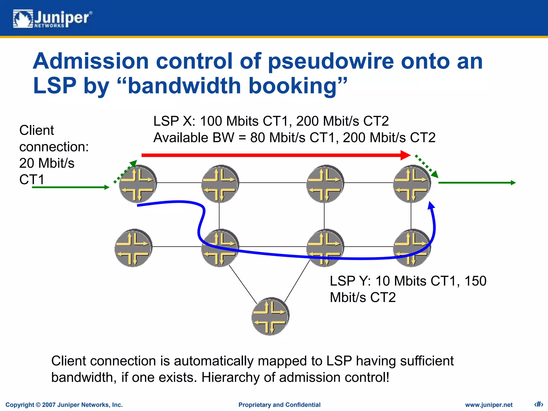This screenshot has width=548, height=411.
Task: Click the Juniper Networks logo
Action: click(x=52, y=19)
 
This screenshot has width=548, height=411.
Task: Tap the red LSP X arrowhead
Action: click(x=405, y=155)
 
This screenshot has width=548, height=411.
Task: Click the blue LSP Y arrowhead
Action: click(x=431, y=205)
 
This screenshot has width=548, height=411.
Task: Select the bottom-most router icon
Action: click(x=270, y=316)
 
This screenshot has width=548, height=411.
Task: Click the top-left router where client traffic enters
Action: click(x=138, y=184)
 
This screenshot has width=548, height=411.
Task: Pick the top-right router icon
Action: click(x=412, y=184)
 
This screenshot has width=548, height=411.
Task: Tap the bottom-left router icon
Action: click(x=133, y=248)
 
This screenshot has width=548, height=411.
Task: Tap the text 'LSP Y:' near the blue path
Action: click(x=350, y=281)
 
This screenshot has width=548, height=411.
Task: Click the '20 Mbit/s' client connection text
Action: click(x=47, y=163)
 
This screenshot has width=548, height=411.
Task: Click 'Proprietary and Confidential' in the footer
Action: click(x=279, y=405)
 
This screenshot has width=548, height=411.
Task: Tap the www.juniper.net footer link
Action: click(x=489, y=405)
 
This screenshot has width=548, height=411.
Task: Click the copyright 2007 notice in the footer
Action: click(x=64, y=405)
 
